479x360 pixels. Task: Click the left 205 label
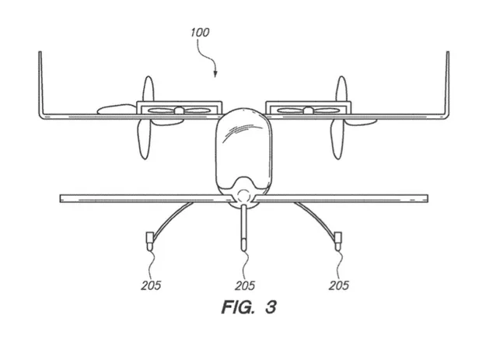[152, 285]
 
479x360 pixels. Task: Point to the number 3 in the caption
[269, 308]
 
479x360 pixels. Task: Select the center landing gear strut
[243, 225]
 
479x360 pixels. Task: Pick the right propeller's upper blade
[340, 90]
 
